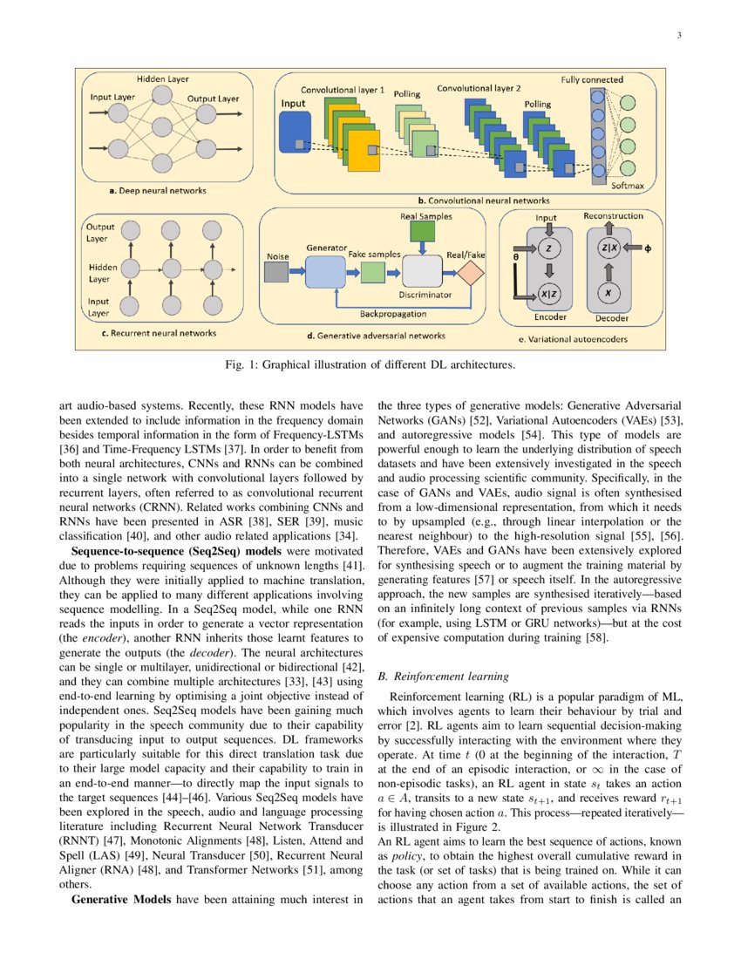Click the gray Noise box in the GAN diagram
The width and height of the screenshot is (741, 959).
click(x=275, y=273)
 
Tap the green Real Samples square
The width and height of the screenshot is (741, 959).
click(x=423, y=231)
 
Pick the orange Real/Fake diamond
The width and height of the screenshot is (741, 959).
click(x=472, y=273)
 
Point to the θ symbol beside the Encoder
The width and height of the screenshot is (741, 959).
click(x=515, y=258)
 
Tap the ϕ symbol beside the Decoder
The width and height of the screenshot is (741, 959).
click(x=648, y=248)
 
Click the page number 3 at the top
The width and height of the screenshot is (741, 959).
click(x=678, y=36)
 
